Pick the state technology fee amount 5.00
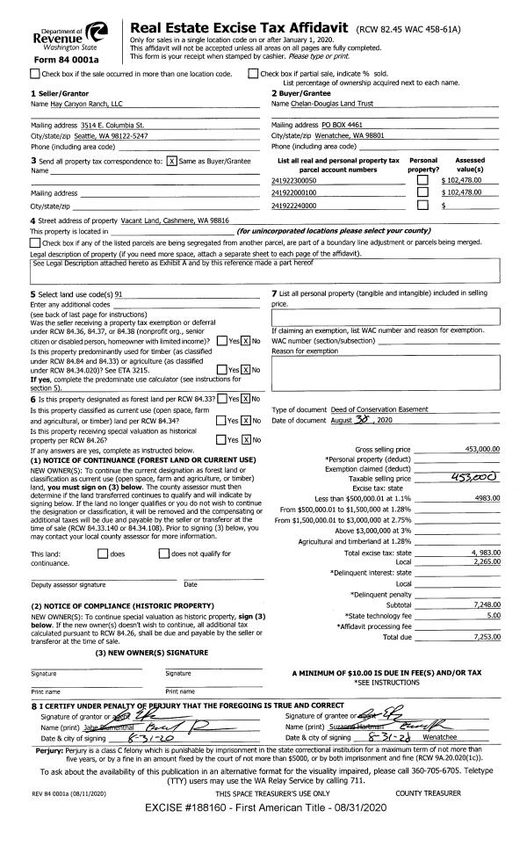490,615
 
